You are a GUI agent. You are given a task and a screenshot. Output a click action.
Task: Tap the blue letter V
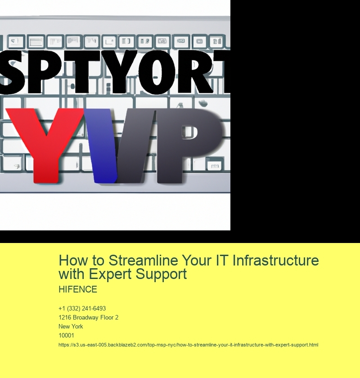point(106,144)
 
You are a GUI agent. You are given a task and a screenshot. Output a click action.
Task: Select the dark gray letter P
point(180,139)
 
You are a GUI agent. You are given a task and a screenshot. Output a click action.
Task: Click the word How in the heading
point(72,261)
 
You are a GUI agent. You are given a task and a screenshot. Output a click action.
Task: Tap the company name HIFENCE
point(78,290)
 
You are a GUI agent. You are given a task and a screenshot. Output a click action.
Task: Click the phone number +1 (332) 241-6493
point(82,309)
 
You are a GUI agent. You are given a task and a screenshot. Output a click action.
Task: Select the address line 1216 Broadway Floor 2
point(88,318)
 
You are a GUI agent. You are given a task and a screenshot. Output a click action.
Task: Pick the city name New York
point(71,327)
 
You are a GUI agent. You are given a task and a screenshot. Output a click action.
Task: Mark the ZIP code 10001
point(66,336)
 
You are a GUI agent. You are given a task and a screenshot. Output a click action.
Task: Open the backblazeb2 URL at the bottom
point(188,345)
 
